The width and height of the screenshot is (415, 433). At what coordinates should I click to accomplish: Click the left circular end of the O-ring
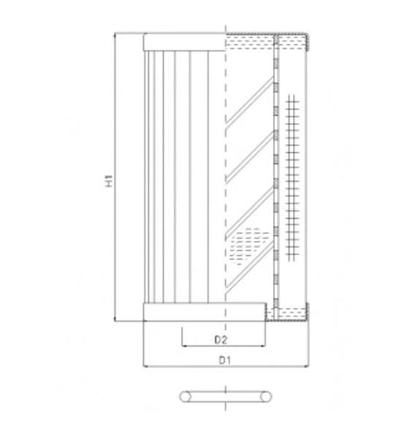184,395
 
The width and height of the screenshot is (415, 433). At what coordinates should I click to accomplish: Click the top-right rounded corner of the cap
309,36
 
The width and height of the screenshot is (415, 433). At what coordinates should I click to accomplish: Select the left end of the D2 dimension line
183,346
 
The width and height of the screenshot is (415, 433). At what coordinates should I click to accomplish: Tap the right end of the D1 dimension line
309,366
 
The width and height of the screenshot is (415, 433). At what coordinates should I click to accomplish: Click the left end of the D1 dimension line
144,366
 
